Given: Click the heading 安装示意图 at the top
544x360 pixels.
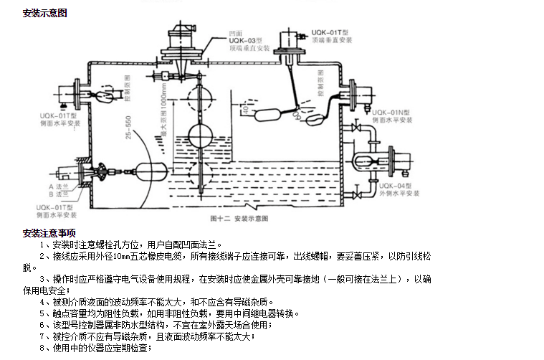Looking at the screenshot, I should pos(44,14).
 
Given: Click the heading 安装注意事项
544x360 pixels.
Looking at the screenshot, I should pos(49,233).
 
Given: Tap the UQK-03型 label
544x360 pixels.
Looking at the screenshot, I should pos(243,41).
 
